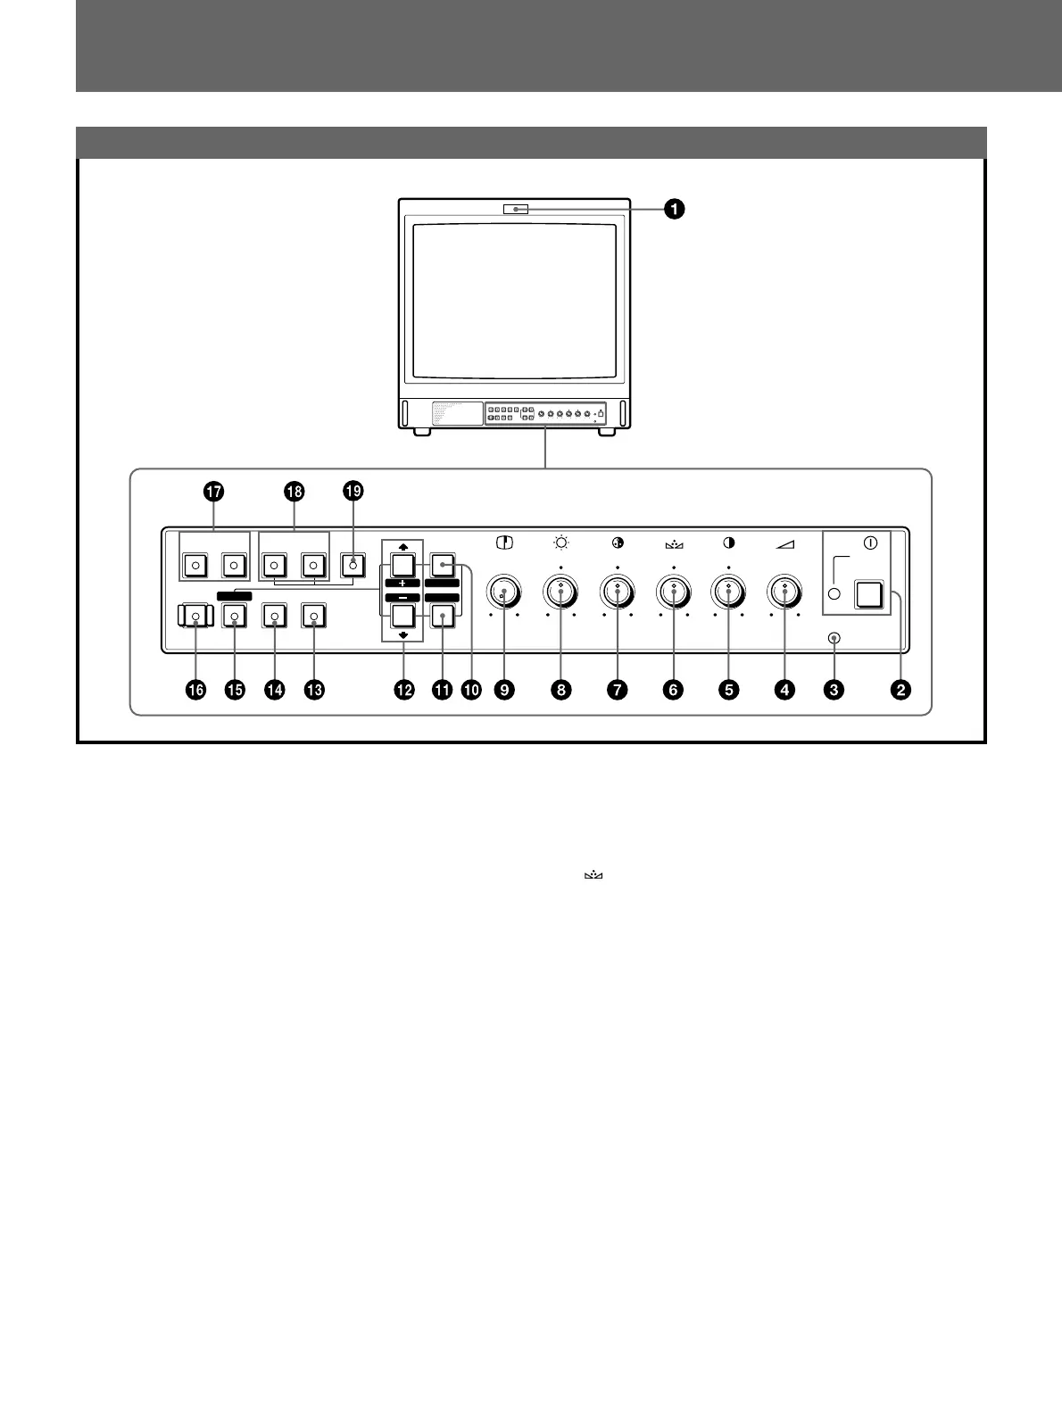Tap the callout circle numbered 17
click(213, 492)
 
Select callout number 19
click(353, 492)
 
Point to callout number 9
click(505, 689)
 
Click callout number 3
click(834, 689)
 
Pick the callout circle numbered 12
click(404, 689)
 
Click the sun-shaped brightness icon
click(561, 543)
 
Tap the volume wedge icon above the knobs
click(785, 543)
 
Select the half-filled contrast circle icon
click(729, 543)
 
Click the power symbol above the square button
click(870, 542)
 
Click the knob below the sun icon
click(560, 591)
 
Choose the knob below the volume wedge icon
click(785, 591)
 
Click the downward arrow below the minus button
click(403, 635)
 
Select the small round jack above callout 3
click(834, 639)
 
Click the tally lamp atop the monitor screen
click(515, 210)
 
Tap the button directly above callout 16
click(195, 616)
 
